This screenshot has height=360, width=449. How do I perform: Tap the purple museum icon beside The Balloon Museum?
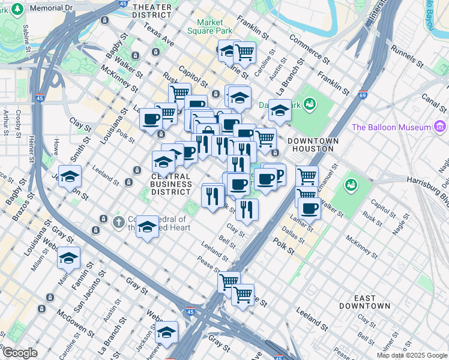441,127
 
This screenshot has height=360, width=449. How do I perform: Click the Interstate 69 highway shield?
363,95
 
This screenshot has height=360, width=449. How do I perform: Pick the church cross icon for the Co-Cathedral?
119,222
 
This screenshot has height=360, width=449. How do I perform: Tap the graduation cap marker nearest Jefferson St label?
70,176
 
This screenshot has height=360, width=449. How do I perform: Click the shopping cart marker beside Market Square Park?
245,53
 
